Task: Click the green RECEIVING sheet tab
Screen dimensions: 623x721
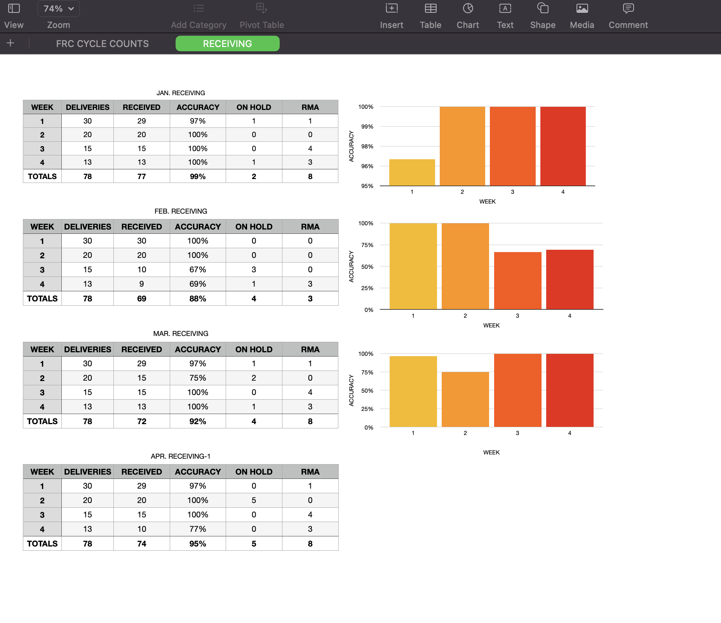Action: [227, 44]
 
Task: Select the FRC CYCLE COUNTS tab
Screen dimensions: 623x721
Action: [102, 44]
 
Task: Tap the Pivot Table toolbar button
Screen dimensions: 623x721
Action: [261, 16]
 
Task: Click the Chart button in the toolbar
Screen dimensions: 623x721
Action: [468, 16]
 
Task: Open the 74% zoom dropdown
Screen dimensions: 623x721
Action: [59, 9]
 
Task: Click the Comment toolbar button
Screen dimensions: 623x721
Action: [628, 16]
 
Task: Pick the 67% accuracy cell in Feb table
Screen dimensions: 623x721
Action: [198, 270]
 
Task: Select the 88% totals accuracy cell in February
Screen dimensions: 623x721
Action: [198, 299]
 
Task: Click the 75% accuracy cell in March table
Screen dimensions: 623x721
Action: [198, 378]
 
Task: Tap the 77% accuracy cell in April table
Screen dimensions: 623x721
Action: [198, 529]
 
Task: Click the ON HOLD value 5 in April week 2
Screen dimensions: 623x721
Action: [254, 500]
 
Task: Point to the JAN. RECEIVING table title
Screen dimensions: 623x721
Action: [181, 93]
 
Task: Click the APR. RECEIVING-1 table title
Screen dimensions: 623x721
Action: [181, 456]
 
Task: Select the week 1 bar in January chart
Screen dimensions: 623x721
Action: [412, 173]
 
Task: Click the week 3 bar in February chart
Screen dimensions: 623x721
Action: [517, 280]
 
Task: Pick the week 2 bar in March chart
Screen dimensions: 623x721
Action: [465, 399]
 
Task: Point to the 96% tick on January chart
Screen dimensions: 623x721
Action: [367, 166]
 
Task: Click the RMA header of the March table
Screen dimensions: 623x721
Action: [310, 349]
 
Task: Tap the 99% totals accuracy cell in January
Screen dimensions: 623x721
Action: [198, 176]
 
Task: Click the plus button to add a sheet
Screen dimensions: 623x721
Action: [10, 43]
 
